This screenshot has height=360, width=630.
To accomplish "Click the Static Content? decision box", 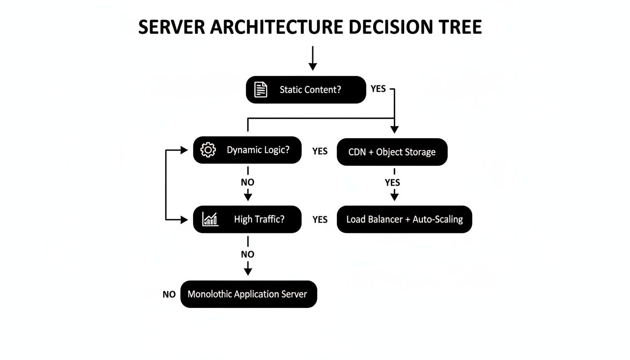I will click(306, 90).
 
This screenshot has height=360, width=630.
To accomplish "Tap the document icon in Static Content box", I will click(261, 90).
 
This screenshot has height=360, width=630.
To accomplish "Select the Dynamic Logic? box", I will click(247, 150).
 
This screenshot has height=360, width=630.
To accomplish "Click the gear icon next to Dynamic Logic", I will click(208, 150).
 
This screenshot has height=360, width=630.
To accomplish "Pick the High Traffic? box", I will click(247, 219).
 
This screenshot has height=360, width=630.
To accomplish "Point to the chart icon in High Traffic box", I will click(210, 219).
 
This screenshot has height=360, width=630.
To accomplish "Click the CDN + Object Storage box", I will click(392, 152).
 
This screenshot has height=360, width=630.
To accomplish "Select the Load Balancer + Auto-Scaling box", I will click(404, 219).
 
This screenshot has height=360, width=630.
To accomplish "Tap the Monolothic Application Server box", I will click(248, 294).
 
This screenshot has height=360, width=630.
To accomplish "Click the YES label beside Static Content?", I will click(378, 89).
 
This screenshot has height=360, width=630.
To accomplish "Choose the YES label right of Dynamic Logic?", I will click(320, 151).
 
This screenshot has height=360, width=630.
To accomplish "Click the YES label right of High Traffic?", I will click(320, 219).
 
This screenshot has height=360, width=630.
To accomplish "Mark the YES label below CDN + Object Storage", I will click(392, 182).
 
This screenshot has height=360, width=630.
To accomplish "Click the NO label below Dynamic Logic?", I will click(247, 182).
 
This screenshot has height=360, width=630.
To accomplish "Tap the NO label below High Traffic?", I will click(247, 254).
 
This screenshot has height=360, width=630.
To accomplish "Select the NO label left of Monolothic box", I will click(169, 294).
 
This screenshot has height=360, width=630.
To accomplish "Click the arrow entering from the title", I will click(312, 59).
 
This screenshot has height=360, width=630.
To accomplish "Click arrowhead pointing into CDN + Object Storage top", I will click(394, 129).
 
